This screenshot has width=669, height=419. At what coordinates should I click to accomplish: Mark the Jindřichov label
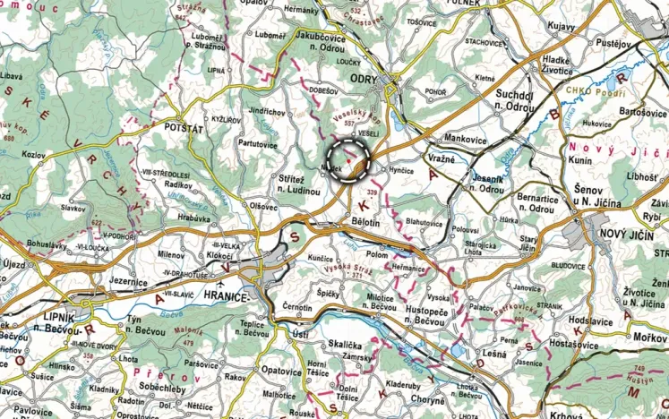[267, 113]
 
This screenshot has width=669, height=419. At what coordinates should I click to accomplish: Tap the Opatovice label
[281, 370]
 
